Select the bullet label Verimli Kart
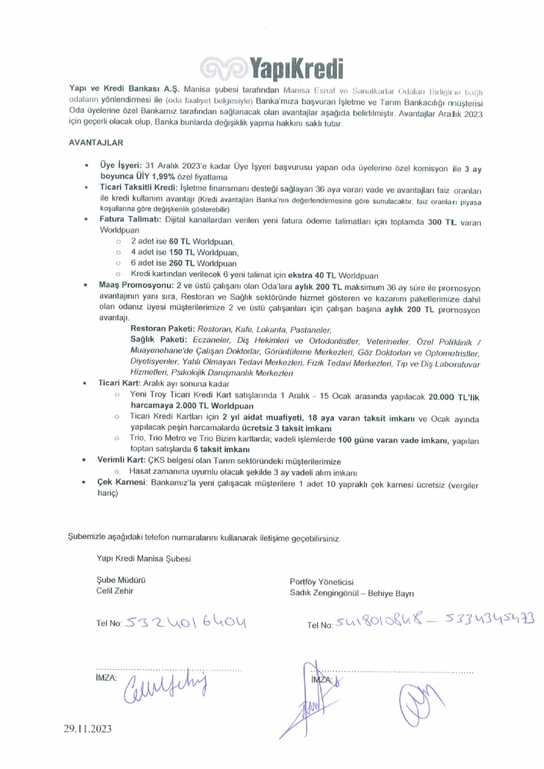coord(122,459)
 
